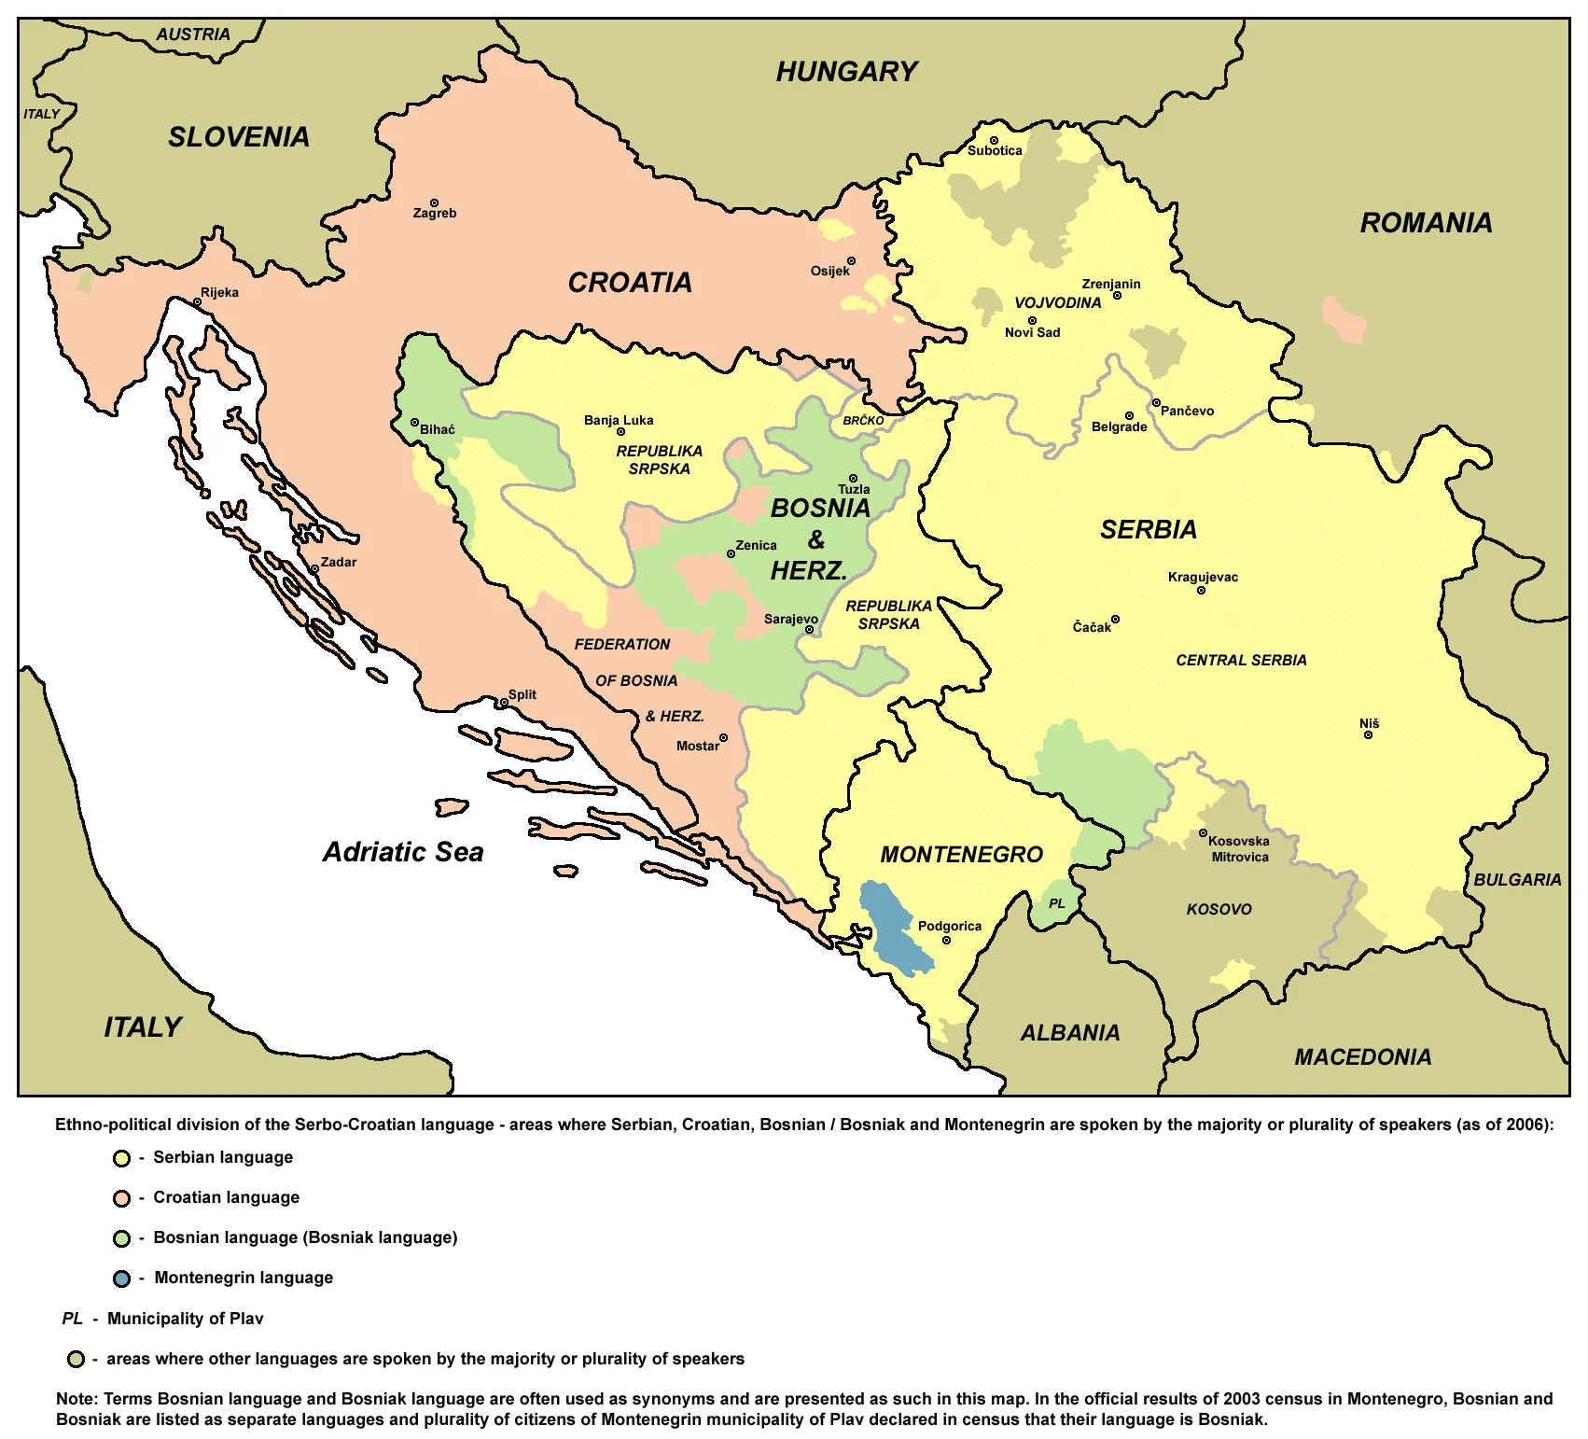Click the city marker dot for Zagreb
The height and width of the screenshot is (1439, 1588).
point(434,203)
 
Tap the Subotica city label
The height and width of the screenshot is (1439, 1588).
point(995,151)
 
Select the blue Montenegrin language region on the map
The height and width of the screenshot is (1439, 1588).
point(893,929)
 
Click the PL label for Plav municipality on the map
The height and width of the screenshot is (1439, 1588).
point(1057,903)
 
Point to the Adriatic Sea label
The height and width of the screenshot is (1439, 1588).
point(403,852)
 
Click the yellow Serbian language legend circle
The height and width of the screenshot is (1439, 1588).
point(121,1158)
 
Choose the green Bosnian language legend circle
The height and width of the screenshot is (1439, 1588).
point(121,1238)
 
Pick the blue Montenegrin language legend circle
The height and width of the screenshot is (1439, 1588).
point(121,1278)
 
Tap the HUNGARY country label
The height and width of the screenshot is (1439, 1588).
point(846,72)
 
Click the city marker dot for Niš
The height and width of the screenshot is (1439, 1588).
point(1369,735)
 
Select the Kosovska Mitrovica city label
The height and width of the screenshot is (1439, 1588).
point(1239,849)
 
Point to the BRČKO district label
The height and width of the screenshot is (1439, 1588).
point(863,421)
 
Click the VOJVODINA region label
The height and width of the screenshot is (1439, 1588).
point(1057,303)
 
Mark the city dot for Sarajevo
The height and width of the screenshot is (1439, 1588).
point(809,630)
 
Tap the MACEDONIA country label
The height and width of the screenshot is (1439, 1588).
point(1362,1057)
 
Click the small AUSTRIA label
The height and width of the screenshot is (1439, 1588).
point(192,35)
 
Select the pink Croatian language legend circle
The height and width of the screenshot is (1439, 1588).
point(121,1198)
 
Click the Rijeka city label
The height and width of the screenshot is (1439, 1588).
point(220,292)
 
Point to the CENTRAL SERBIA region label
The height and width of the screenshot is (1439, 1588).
point(1241,661)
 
